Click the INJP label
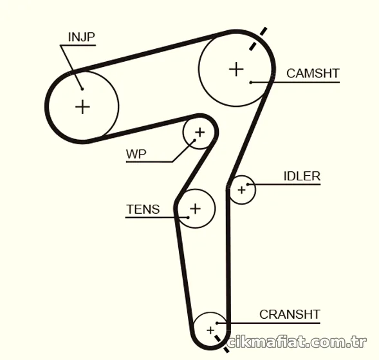tap(82, 37)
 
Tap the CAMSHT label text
tap(313, 73)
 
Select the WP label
tap(136, 154)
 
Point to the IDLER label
tap(302, 176)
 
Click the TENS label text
tap(143, 209)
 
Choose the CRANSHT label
tap(290, 314)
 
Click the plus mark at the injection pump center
tap(82, 107)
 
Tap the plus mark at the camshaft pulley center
tap(236, 69)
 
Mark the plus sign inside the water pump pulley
tap(200, 132)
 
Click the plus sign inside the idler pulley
tap(242, 190)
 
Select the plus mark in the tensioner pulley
tap(196, 209)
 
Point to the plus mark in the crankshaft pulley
tap(210, 330)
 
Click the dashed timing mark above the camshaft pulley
tap(258, 39)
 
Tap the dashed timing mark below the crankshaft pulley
tap(221, 343)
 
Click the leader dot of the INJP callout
tap(82, 89)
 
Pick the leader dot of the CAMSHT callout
tap(251, 82)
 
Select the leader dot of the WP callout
tap(194, 140)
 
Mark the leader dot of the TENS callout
tap(188, 218)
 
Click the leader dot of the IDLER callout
tap(248, 184)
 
